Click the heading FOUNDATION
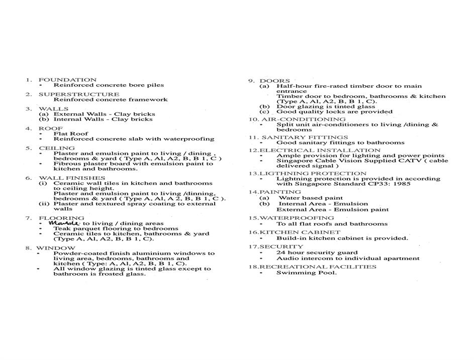[x=67, y=80]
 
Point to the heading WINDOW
[x=56, y=248]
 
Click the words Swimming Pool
[x=306, y=273]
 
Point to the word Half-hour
[x=293, y=86]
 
